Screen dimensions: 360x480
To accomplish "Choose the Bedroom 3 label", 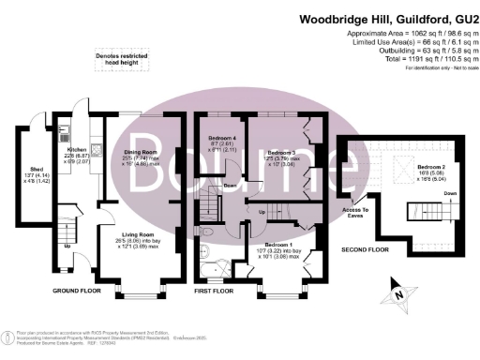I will [x=280, y=152].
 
